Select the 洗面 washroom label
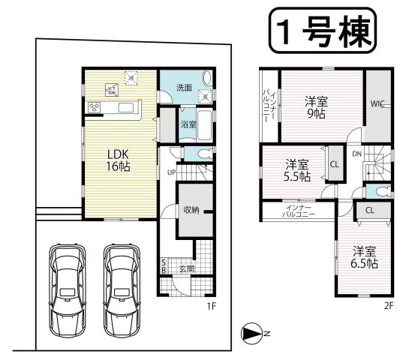point(184,88)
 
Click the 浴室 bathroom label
point(187,125)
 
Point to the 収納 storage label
point(191,209)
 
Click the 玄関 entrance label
point(186,268)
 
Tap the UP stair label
point(170,172)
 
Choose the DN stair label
point(357,154)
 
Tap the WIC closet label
point(377,106)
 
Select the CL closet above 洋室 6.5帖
point(369,210)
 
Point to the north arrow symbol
point(253,333)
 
